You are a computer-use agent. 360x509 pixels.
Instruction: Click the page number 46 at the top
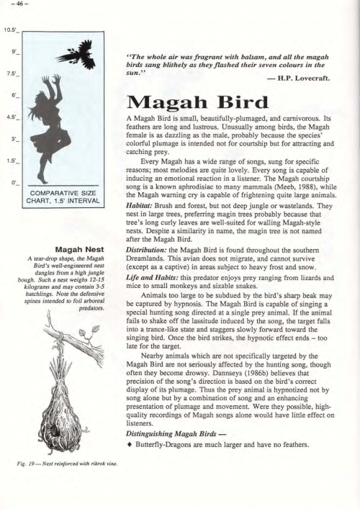point(12,5)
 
